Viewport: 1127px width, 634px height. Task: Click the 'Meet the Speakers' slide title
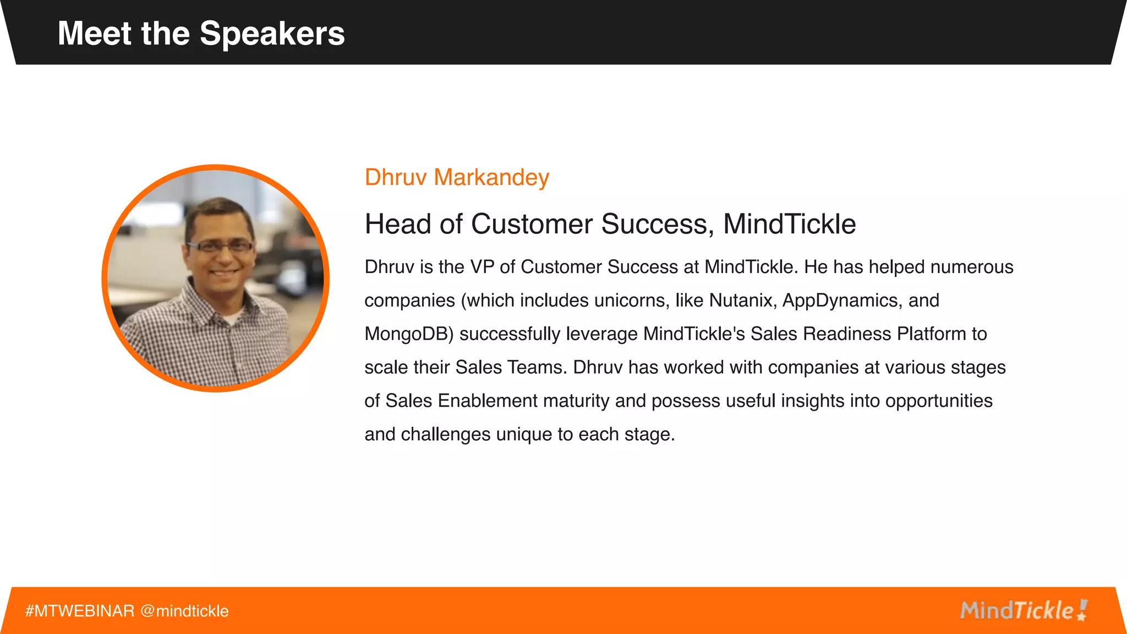click(x=201, y=34)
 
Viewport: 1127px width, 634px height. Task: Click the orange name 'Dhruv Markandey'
click(x=457, y=178)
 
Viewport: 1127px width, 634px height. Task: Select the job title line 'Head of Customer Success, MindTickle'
click(x=610, y=224)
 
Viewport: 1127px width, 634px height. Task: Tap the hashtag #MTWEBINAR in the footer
click(x=80, y=611)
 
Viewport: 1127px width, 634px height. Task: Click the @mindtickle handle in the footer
click(x=184, y=611)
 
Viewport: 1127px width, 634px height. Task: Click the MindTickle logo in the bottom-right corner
click(x=1023, y=610)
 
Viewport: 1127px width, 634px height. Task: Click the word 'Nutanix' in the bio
click(x=741, y=300)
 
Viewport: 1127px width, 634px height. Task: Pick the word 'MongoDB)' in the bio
click(x=409, y=334)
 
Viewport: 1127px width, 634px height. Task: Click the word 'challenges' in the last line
click(x=445, y=435)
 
